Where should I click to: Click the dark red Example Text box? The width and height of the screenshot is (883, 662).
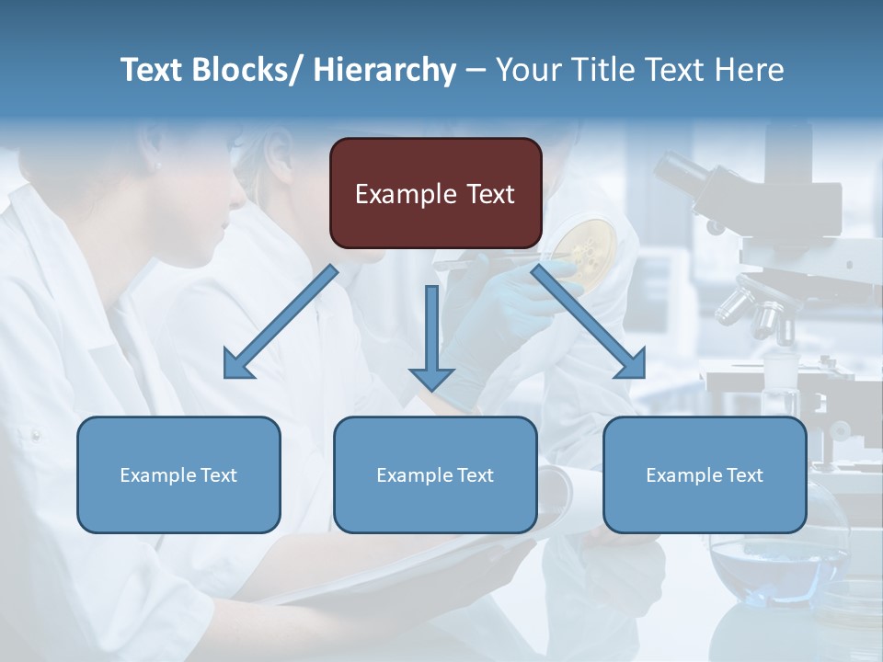point(435,193)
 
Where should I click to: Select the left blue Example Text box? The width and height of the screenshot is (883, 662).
point(178,474)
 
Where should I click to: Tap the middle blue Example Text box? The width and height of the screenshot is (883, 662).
point(435,474)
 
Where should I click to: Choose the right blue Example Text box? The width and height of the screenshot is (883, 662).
point(705,474)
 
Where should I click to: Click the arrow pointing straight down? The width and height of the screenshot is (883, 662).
point(431,340)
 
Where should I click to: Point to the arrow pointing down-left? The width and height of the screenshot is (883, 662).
point(276,326)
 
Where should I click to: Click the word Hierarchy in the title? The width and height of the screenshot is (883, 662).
point(384,70)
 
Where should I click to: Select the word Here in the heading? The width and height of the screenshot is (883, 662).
point(751,70)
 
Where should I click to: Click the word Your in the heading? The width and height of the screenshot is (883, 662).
point(527,70)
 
